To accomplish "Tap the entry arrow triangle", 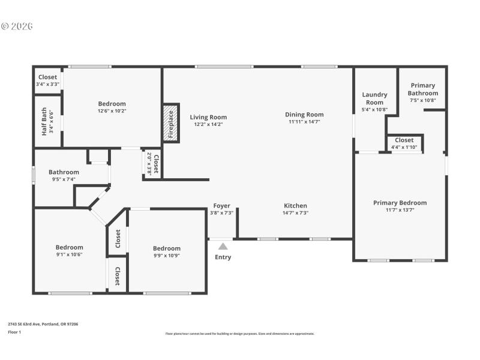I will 223,246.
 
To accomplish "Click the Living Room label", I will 208,117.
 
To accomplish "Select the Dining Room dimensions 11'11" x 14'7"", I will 304,122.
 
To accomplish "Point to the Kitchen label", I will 295,206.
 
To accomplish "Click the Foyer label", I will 221,206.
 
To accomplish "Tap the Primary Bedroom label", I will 400,203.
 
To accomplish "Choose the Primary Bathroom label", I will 423,89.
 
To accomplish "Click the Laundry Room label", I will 375,98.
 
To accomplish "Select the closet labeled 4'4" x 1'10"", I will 404,140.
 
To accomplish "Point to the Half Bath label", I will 44,122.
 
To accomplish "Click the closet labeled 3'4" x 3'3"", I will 48,77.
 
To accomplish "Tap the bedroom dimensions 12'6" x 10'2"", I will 112,111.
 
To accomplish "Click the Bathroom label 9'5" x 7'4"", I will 64,172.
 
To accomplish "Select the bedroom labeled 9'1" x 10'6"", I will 70,247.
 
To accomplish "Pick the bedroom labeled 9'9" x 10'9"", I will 166,248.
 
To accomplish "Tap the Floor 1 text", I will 14,332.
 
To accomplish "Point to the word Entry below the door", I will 223,257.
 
